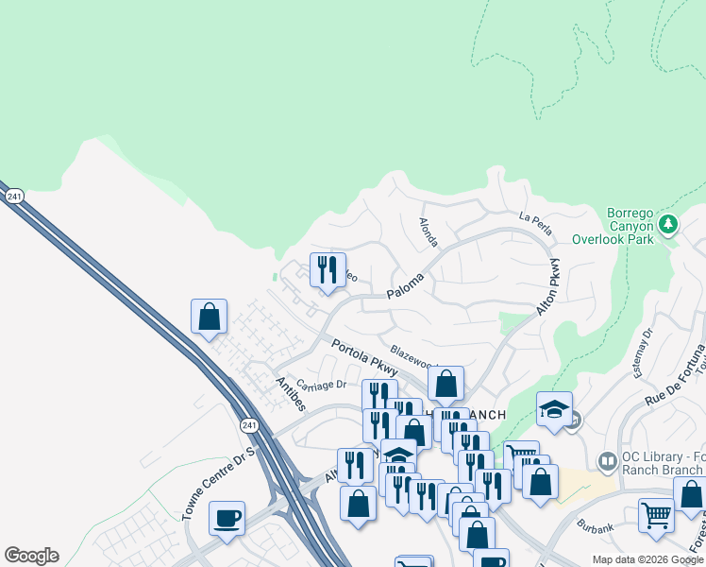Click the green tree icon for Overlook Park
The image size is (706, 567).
coord(669,224)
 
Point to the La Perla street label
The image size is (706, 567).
coord(535,218)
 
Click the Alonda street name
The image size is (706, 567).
coord(428,232)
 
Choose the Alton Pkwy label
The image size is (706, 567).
coord(554,284)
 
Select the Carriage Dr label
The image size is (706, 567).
coord(322,385)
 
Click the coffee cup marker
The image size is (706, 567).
coord(227,518)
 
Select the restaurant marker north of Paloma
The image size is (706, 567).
coord(328,269)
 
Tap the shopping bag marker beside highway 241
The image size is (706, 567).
coord(209,317)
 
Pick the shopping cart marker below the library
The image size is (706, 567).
coord(655,515)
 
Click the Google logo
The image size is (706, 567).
coord(31,556)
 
